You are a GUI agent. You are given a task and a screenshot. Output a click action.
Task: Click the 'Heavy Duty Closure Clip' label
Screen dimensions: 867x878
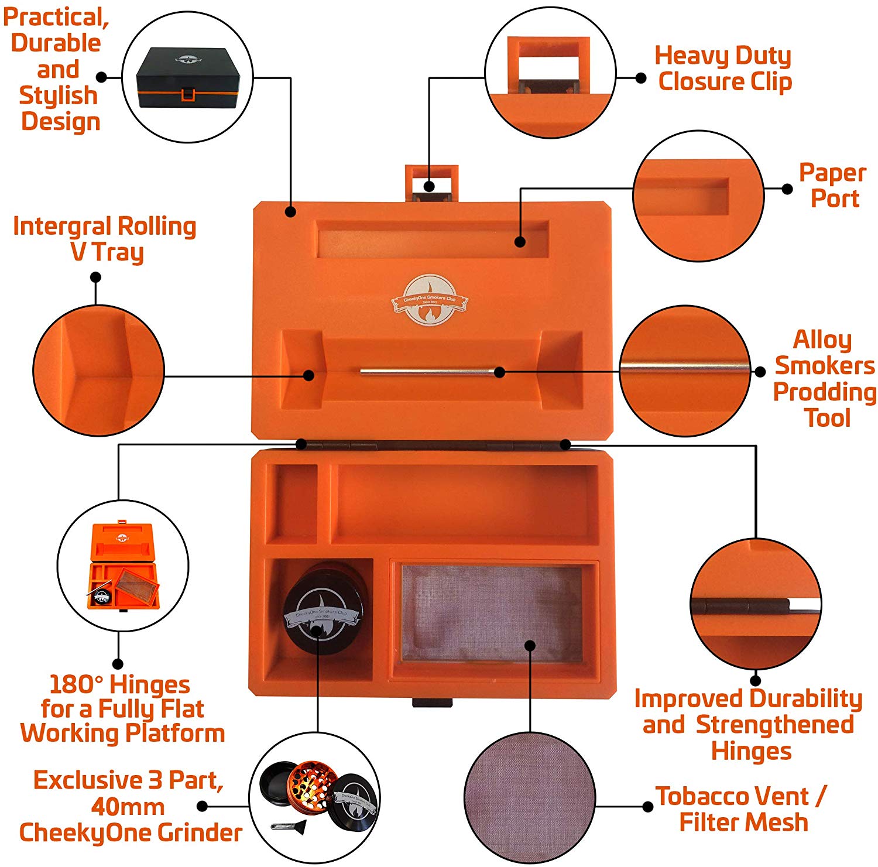coord(723,68)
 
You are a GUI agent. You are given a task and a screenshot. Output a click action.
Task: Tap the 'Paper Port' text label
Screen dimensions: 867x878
coord(833,186)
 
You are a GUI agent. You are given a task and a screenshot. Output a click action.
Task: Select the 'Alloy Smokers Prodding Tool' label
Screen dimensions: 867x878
coord(824,379)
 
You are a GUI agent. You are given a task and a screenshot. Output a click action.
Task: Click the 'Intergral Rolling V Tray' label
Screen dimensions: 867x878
coord(105,239)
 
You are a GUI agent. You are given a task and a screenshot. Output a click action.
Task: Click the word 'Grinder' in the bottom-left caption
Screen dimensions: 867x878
coord(200,832)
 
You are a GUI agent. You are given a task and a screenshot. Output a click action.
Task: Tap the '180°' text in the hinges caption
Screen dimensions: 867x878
coord(76,684)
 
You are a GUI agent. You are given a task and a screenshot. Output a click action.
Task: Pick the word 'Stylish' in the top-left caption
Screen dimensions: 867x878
coord(58,95)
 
